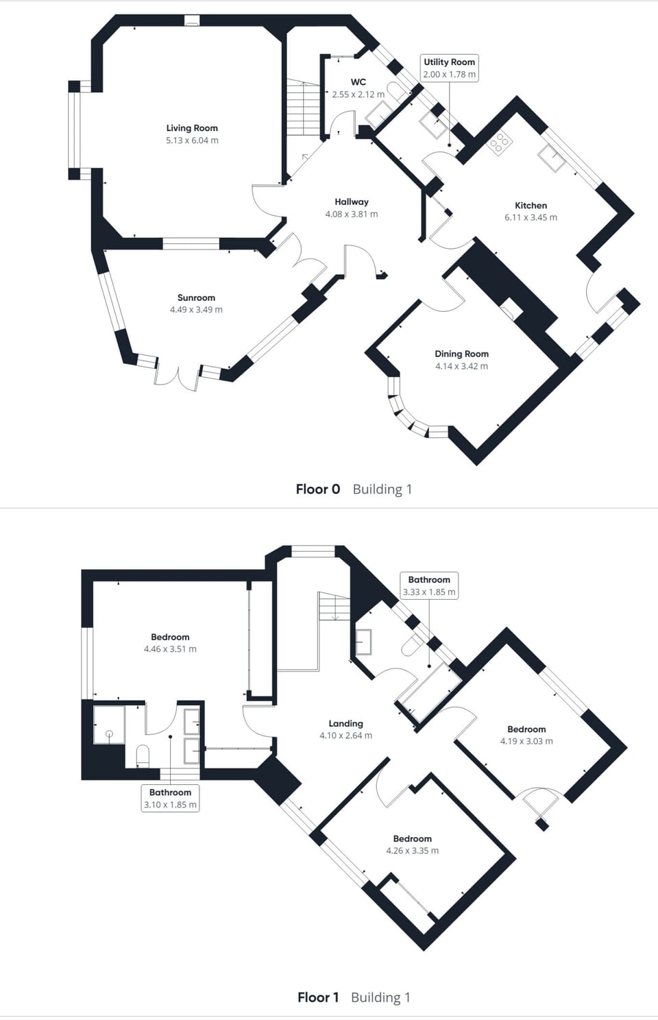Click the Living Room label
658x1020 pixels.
pos(192,127)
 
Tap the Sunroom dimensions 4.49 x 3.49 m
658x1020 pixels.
pos(196,310)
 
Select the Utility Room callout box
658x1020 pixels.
pos(449,68)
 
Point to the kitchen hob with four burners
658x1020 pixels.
pos(500,141)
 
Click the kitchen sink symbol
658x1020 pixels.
pos(552,158)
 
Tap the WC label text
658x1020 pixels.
pos(358,82)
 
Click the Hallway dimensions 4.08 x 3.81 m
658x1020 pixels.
pos(352,214)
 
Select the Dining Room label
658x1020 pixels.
pos(461,354)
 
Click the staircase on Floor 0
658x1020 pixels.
pos(303,107)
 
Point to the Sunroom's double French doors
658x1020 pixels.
pos(178,376)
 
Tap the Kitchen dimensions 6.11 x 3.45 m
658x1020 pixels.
pos(531,217)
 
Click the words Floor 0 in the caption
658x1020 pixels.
pos(317,489)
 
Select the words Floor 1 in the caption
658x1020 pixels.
pos(318,997)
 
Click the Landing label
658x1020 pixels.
pos(345,723)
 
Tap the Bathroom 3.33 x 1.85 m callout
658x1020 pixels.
pos(429,586)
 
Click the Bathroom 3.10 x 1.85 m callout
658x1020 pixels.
pos(170,799)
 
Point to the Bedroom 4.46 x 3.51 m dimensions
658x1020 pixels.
pos(170,649)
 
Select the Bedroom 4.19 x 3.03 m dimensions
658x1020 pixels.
pos(526,741)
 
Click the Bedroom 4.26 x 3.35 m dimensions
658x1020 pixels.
pos(412,851)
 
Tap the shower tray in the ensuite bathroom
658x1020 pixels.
pos(110,725)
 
